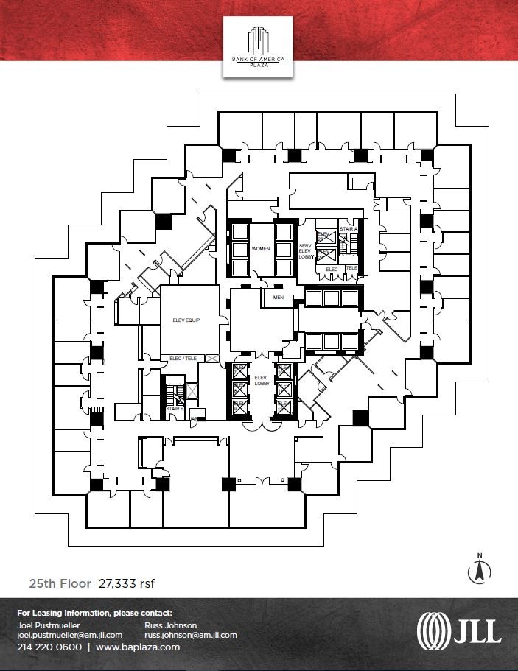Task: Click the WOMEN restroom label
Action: point(261,250)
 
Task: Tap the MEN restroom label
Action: point(278,298)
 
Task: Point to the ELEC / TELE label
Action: point(183,359)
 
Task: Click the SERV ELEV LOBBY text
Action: point(305,251)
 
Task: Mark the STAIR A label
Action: point(348,229)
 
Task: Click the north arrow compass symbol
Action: point(480,569)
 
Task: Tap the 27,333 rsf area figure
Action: point(126,583)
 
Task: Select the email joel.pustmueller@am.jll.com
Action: point(69,635)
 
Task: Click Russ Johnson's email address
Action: point(191,635)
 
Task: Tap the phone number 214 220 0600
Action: point(49,647)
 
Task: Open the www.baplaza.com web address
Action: point(138,647)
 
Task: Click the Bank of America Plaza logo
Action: point(258,46)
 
